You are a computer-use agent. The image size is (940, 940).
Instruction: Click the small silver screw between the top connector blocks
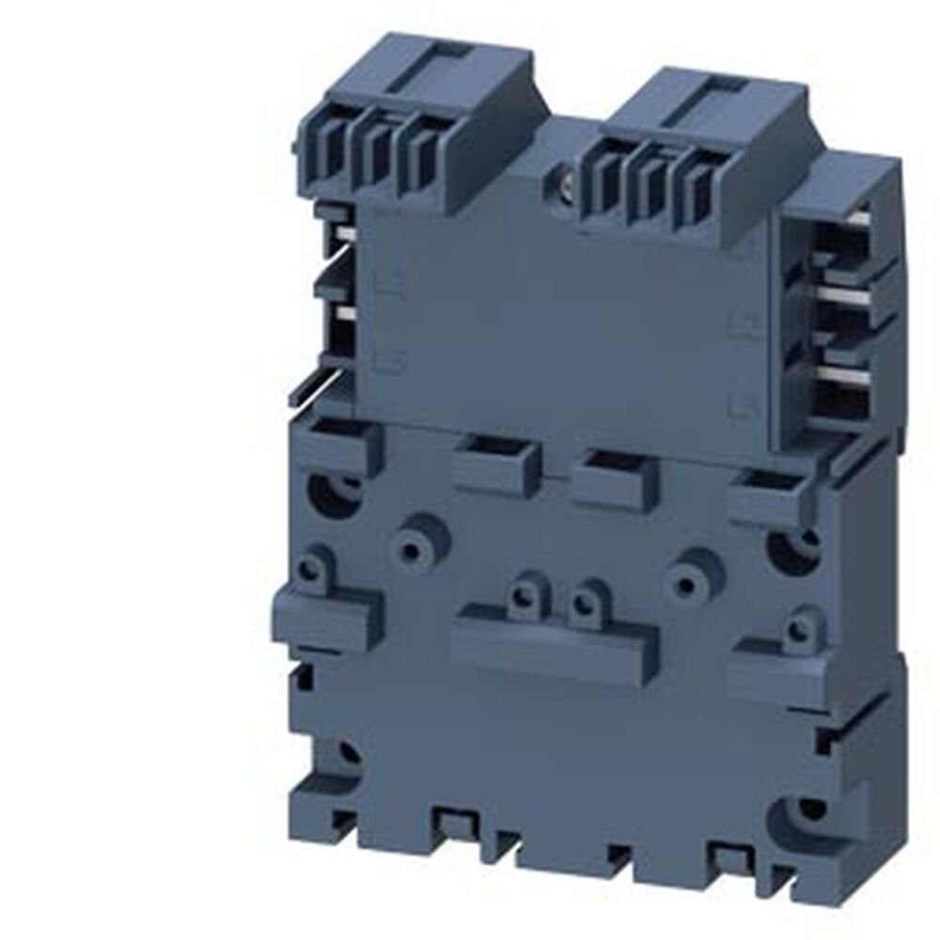[x=566, y=172]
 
